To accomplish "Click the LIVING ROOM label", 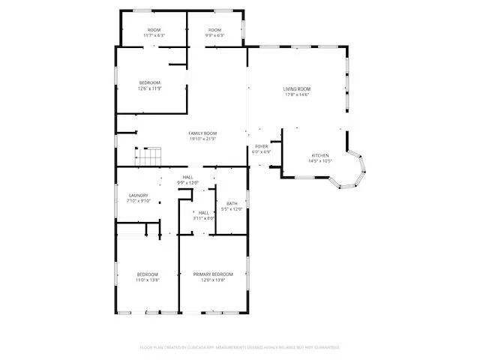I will (295, 89).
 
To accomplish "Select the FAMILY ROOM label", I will (202, 133).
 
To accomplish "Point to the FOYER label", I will (261, 146).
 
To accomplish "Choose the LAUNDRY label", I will (139, 196).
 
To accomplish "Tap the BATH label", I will (232, 203).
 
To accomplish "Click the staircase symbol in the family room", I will (148, 157).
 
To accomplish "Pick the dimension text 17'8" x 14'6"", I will (295, 95).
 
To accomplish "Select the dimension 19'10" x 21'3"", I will (202, 139).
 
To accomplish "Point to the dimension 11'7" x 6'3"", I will (154, 35).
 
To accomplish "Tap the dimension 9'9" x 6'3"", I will (215, 35).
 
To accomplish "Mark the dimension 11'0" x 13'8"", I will (147, 280).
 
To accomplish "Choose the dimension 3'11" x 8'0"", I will (204, 219).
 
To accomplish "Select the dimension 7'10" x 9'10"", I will (139, 201).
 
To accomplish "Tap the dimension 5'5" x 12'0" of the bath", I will (232, 208).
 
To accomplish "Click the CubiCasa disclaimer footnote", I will (239, 347).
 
